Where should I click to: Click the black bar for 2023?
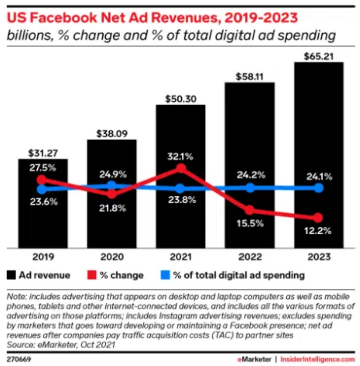pyautogui.click(x=319, y=154)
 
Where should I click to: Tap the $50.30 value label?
pyautogui.click(x=180, y=98)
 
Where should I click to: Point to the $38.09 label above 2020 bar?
pyautogui.click(x=112, y=133)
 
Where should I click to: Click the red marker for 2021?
pyautogui.click(x=181, y=169)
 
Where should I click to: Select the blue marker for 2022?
pyautogui.click(x=250, y=188)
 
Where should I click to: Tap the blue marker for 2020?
pyautogui.click(x=112, y=185)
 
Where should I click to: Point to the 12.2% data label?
pyautogui.click(x=319, y=231)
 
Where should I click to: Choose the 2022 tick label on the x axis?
pyautogui.click(x=250, y=257)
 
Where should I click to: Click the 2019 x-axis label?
pyautogui.click(x=43, y=257)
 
